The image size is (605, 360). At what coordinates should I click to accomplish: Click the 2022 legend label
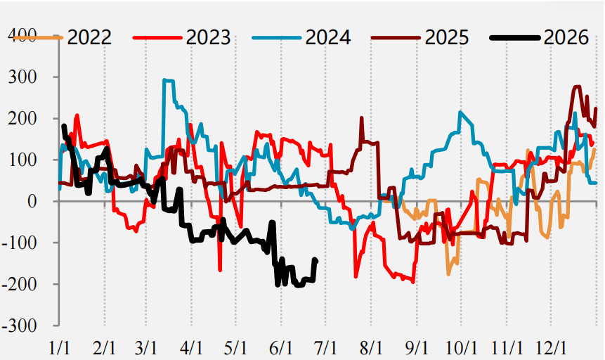coord(89,37)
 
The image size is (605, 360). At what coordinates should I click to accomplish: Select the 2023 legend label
coord(209,37)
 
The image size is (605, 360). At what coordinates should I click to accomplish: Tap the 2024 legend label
coord(328,37)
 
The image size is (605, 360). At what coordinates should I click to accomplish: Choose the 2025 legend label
coord(447,37)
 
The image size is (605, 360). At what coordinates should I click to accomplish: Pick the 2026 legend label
coord(566,37)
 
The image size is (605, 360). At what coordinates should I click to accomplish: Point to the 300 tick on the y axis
coord(22,77)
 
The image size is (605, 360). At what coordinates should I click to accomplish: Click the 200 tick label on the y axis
coord(22,118)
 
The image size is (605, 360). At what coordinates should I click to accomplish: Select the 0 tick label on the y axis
coord(32,201)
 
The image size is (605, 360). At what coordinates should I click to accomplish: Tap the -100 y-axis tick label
coord(19,243)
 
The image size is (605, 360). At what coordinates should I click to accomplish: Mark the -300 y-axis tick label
coord(19,326)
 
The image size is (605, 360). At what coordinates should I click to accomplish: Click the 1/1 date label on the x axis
coord(59,349)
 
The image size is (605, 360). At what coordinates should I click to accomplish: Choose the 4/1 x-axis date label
coord(191,349)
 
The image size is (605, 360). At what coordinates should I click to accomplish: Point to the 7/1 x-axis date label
coord(326,349)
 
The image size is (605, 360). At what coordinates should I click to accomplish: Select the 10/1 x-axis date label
coord(462,349)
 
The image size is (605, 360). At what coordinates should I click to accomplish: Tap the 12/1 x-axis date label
coord(551,349)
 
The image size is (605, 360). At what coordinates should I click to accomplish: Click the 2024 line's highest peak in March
coord(164,80)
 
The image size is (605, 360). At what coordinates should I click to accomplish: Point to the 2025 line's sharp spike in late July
coord(362,117)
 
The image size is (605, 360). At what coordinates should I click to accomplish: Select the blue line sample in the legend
coord(277,37)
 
